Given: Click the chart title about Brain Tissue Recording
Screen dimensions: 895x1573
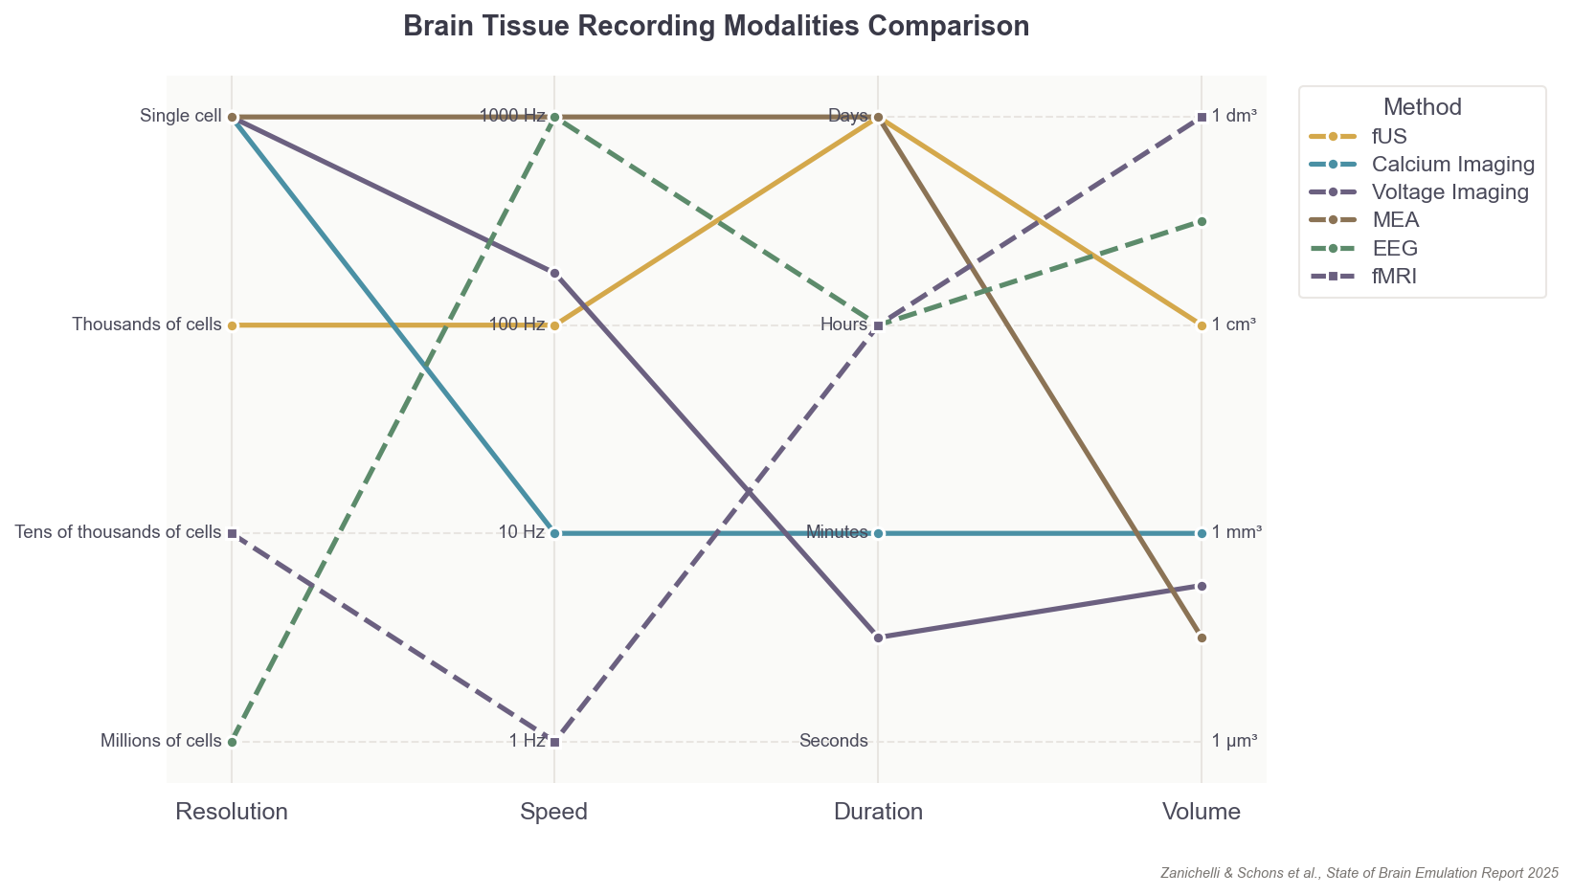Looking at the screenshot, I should (x=716, y=27).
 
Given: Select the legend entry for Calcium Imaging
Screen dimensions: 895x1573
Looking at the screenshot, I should (x=1452, y=164).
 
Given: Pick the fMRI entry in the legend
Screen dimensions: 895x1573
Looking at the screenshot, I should (x=1393, y=277).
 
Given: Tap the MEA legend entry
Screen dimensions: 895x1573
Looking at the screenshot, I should (x=1395, y=220).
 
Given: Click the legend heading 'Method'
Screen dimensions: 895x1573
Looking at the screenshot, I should (x=1422, y=107).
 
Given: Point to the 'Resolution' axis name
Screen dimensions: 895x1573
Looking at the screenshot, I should (x=232, y=813).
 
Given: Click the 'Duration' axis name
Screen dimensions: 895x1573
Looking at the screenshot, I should (x=878, y=813).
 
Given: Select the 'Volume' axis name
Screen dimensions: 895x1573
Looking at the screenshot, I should (x=1202, y=813).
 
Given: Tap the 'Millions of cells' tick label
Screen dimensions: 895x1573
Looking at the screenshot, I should (x=161, y=741).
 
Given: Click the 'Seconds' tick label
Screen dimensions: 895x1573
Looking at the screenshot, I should (x=833, y=741).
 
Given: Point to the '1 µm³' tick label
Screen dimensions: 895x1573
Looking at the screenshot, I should (x=1234, y=741).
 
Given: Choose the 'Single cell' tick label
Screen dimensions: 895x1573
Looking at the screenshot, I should (x=181, y=117).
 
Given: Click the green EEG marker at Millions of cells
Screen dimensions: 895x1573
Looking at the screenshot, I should (x=232, y=742).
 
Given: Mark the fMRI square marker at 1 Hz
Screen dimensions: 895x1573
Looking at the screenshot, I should (x=555, y=742).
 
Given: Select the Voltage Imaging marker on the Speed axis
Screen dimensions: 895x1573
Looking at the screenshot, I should (x=554, y=274).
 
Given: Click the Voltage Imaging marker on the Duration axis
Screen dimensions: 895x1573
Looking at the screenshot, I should (x=878, y=638).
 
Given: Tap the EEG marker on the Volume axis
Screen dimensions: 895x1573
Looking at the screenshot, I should (x=1202, y=221).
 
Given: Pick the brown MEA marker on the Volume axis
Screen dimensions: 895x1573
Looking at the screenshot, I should (x=1202, y=638).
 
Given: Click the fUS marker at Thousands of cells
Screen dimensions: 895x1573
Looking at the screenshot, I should (x=232, y=325).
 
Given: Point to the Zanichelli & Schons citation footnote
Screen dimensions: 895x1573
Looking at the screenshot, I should (x=1359, y=873).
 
